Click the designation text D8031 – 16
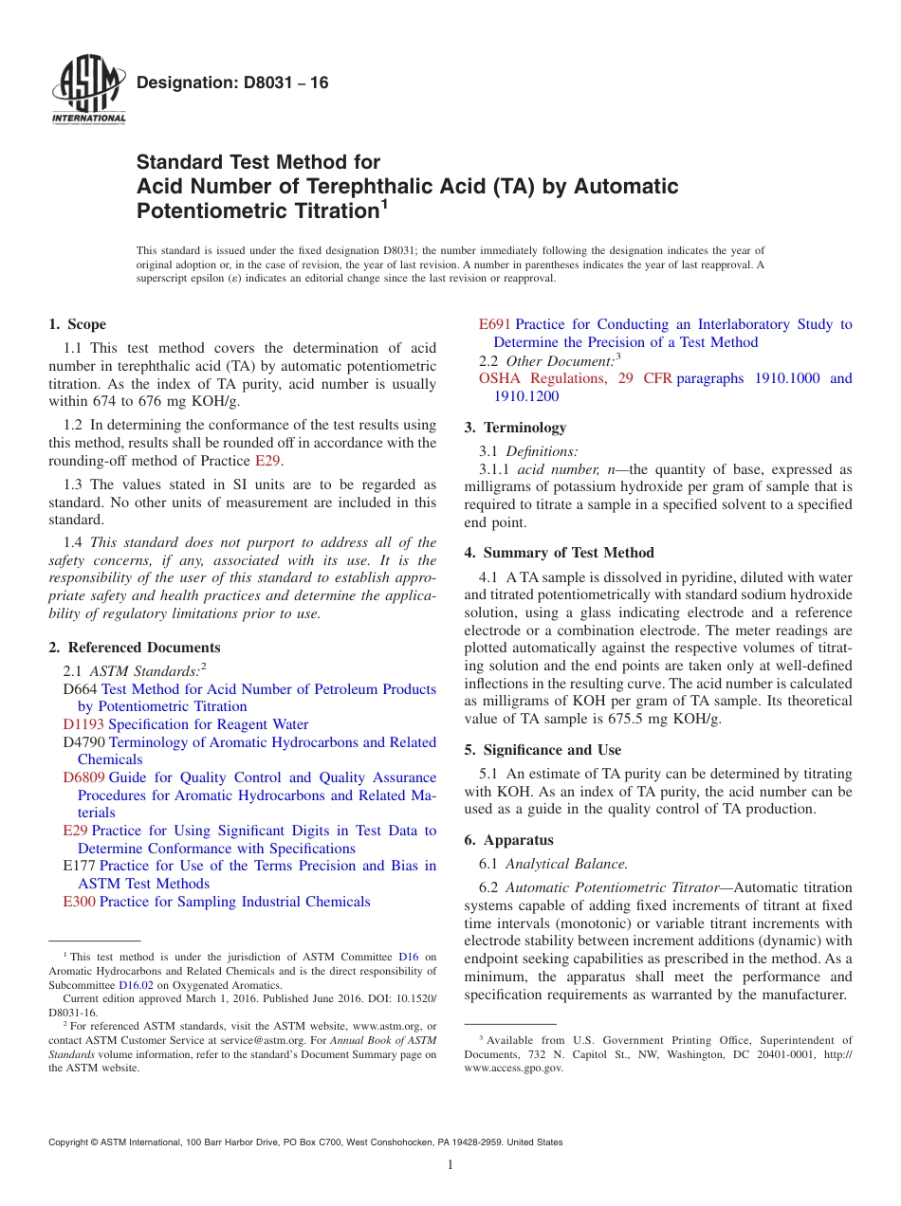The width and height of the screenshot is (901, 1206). (x=232, y=83)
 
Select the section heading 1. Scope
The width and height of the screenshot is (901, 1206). (x=77, y=324)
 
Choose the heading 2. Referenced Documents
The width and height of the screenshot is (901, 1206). (x=134, y=648)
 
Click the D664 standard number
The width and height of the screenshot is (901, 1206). (x=80, y=689)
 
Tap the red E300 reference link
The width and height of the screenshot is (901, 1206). (x=79, y=902)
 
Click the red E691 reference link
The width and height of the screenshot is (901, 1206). (x=495, y=324)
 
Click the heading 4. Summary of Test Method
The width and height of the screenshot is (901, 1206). (x=559, y=553)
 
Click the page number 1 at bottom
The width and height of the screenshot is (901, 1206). (x=450, y=1165)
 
